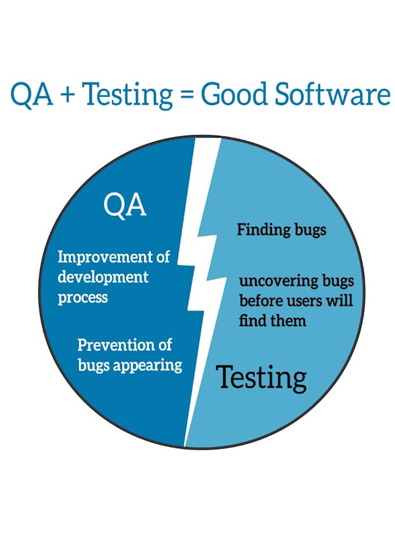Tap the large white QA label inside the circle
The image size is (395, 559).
[125, 205]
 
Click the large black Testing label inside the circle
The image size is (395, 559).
[261, 377]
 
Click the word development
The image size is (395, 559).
[103, 277]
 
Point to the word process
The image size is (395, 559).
[82, 297]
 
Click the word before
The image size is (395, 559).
[258, 301]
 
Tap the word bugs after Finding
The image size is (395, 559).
[309, 230]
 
